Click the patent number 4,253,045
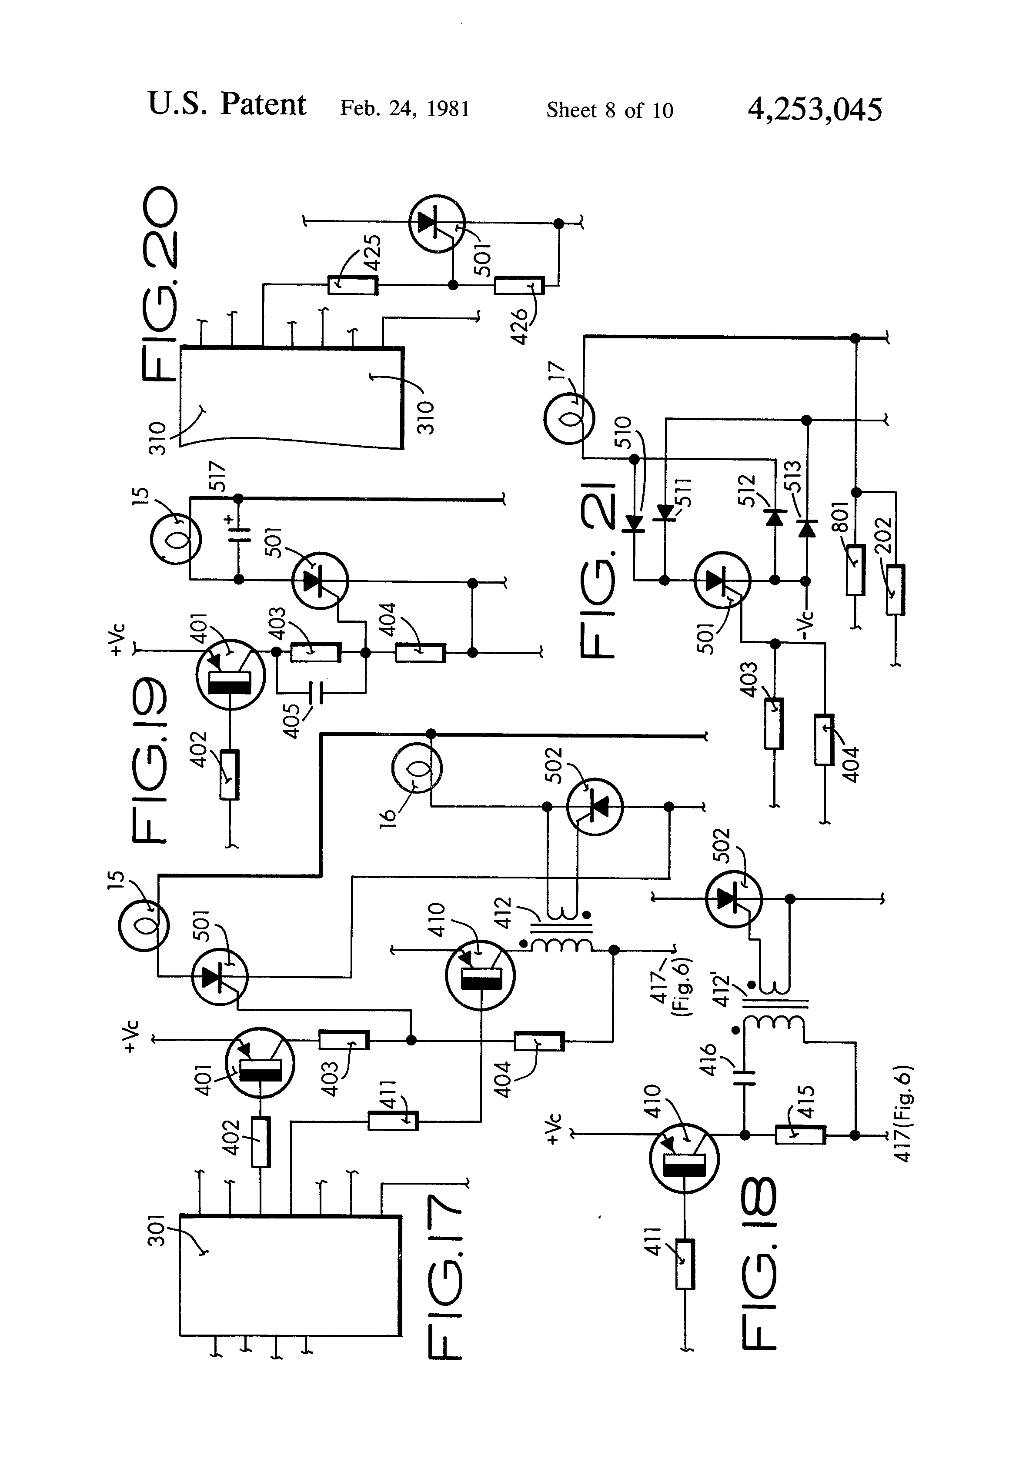(x=815, y=109)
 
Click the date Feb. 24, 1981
(x=404, y=108)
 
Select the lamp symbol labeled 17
(x=569, y=419)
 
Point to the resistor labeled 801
(x=855, y=570)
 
